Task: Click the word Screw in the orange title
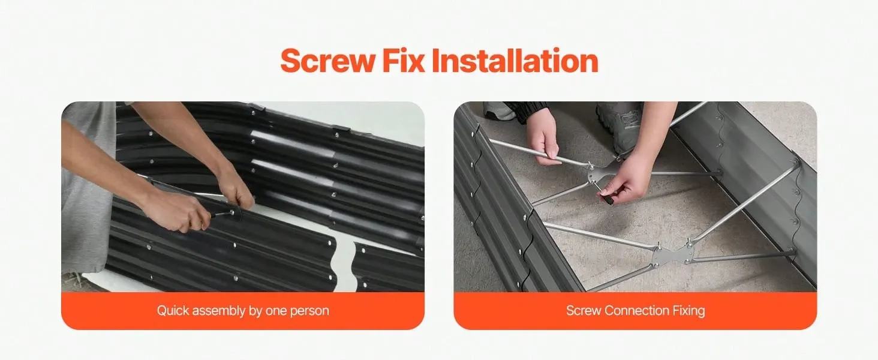pyautogui.click(x=327, y=61)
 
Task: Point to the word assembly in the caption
pyautogui.click(x=219, y=311)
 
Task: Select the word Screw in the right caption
pyautogui.click(x=584, y=311)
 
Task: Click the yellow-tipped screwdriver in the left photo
pyautogui.click(x=220, y=214)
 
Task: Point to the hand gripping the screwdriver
pyautogui.click(x=176, y=212)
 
